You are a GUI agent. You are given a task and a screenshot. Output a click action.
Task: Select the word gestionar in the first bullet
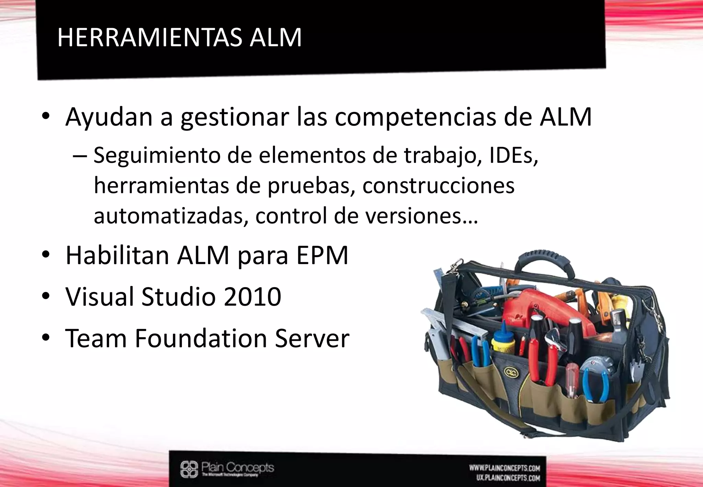[x=235, y=117]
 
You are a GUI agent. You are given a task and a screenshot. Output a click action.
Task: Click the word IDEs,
[x=514, y=156]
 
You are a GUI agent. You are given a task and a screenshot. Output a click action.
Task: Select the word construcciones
[x=438, y=186]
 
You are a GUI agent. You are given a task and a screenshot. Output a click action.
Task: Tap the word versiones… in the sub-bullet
[x=421, y=216]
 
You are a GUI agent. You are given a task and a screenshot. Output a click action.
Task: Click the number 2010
[x=252, y=297]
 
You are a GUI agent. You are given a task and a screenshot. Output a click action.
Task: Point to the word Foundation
[x=201, y=339]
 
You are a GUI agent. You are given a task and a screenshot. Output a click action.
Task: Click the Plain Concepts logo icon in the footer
[x=189, y=469]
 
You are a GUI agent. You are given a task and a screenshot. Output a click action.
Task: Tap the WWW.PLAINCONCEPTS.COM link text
[x=505, y=468]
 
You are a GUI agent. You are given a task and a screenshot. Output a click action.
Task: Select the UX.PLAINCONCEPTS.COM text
[x=508, y=478]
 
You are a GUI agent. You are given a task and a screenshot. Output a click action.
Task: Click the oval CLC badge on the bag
[x=509, y=372]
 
